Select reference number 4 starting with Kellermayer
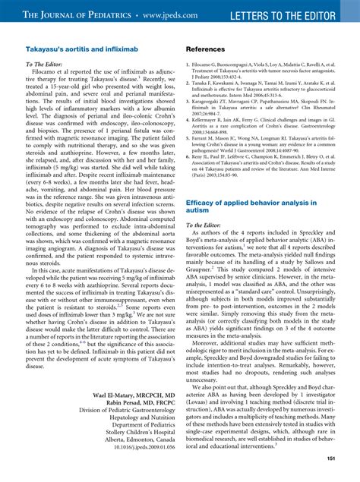coord(265,137)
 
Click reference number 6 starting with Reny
coord(265,179)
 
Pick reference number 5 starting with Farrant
coord(265,158)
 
